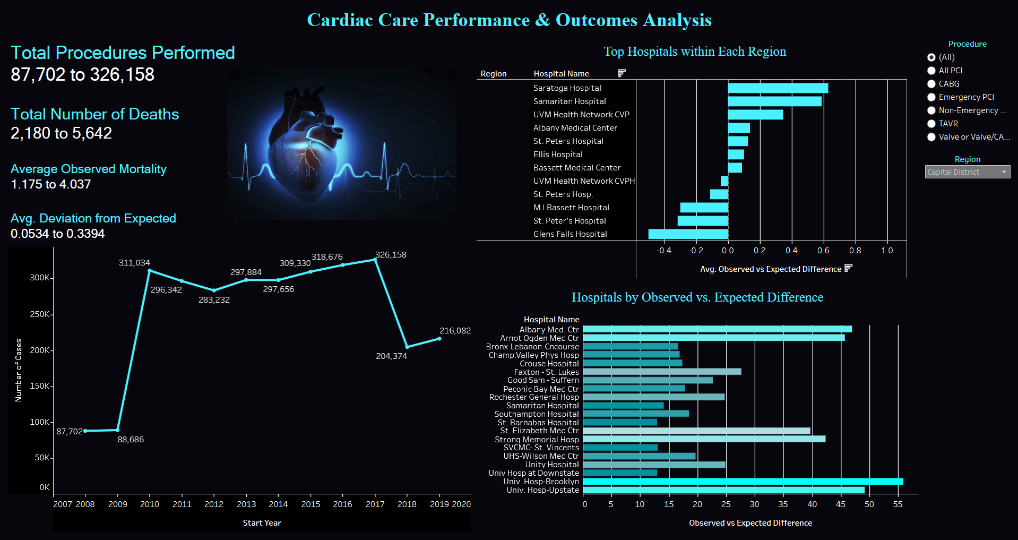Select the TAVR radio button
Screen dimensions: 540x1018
[x=931, y=124]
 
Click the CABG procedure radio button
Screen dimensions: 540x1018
[x=931, y=84]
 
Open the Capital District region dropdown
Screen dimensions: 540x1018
[x=967, y=172]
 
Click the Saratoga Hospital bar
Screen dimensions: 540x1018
[x=778, y=88]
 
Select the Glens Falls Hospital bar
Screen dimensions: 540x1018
[x=688, y=234]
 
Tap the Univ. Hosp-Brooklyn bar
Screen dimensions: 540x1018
[x=743, y=482]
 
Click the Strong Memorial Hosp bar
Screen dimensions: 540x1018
[x=704, y=439]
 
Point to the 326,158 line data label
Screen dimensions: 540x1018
[x=391, y=255]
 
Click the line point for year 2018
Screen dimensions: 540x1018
[x=407, y=347]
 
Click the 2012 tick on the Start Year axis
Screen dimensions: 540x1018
[x=214, y=504]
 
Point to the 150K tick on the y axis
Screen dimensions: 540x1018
[x=40, y=386]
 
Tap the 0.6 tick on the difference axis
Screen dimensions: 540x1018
[x=823, y=251]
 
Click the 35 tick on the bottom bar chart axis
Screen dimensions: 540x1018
[x=783, y=504]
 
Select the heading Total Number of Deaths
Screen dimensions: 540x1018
[x=95, y=114]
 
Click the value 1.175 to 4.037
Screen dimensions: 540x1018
[x=51, y=184]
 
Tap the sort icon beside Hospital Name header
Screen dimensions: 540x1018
[x=622, y=73]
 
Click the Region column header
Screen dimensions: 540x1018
[x=493, y=74]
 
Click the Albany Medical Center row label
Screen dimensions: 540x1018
[x=575, y=128]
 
